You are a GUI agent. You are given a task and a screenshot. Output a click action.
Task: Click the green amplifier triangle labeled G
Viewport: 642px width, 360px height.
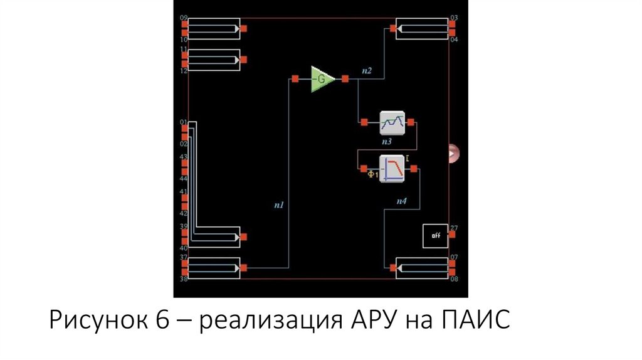322,79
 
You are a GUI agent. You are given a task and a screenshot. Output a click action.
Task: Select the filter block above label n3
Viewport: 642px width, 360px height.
392,122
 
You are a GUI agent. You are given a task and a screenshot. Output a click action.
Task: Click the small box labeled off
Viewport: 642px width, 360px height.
435,235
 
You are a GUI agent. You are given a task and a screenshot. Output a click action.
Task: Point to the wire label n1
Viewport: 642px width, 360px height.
279,204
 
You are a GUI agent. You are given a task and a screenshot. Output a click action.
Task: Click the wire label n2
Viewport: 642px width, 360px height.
367,71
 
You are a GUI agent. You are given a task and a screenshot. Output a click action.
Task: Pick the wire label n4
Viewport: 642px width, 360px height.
402,201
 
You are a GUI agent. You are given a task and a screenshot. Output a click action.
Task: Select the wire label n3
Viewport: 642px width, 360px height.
386,142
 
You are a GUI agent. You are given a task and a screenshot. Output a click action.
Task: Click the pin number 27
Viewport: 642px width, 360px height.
454,228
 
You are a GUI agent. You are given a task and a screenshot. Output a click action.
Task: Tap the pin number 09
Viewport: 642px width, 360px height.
184,18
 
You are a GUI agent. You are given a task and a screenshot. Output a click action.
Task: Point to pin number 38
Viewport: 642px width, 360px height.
184,278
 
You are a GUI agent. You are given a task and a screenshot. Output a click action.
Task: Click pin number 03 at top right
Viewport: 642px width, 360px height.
454,18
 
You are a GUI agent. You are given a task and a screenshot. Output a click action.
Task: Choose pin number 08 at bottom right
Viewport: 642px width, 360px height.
454,278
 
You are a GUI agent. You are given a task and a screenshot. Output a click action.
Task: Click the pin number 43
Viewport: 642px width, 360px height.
183,157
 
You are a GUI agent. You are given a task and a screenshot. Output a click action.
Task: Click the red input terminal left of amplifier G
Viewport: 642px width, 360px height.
295,79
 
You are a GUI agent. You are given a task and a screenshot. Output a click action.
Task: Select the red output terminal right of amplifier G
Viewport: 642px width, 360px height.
345,79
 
